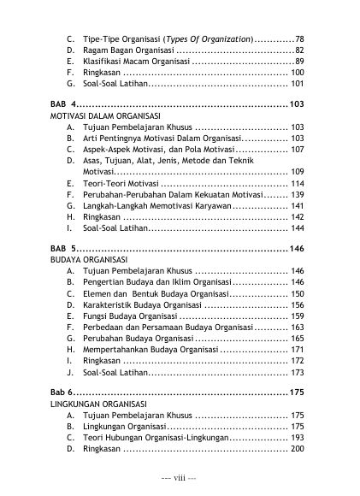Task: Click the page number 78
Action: (x=299, y=39)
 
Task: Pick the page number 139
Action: (x=297, y=195)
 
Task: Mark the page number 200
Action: (x=297, y=450)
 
